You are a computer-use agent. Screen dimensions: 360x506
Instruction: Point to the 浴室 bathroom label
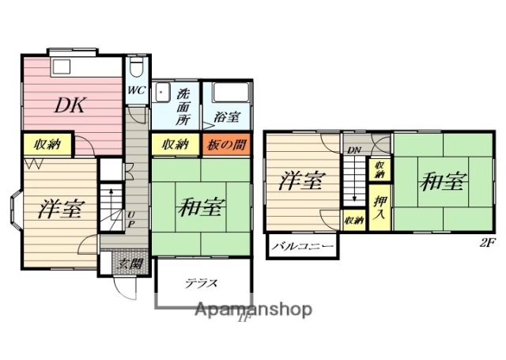(x=227, y=117)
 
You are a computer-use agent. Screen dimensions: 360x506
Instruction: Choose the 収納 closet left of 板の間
(x=176, y=144)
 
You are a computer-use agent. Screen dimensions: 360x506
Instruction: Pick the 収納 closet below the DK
(x=47, y=145)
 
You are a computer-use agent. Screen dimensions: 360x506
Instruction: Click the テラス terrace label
(x=202, y=282)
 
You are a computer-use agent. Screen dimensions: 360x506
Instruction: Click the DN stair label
(x=353, y=150)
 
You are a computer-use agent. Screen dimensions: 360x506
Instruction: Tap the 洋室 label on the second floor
(x=301, y=181)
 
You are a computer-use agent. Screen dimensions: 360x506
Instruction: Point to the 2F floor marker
(x=487, y=243)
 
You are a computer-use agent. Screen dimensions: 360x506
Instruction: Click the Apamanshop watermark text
(x=252, y=309)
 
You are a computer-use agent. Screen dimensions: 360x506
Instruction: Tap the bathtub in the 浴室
(x=227, y=96)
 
